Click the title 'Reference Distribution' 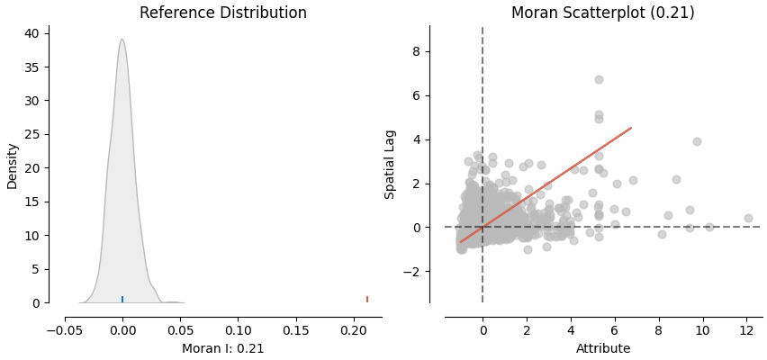pyautogui.click(x=223, y=13)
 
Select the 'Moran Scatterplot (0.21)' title pyautogui.click(x=602, y=13)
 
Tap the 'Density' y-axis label pyautogui.click(x=13, y=165)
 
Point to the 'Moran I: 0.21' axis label pyautogui.click(x=223, y=349)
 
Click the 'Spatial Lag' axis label pyautogui.click(x=390, y=165)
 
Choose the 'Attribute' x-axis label pyautogui.click(x=603, y=349)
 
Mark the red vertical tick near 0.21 pyautogui.click(x=367, y=299)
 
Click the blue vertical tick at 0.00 pyautogui.click(x=122, y=299)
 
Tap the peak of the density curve pyautogui.click(x=122, y=40)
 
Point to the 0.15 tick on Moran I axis pyautogui.click(x=296, y=329)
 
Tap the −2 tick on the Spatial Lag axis pyautogui.click(x=413, y=272)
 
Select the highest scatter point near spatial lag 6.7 pyautogui.click(x=599, y=79)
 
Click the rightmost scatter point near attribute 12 pyautogui.click(x=748, y=218)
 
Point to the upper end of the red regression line pyautogui.click(x=631, y=128)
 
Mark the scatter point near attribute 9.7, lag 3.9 pyautogui.click(x=697, y=141)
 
